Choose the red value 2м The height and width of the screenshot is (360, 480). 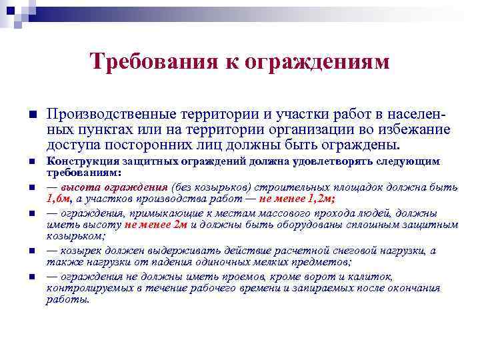pyautogui.click(x=180, y=225)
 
